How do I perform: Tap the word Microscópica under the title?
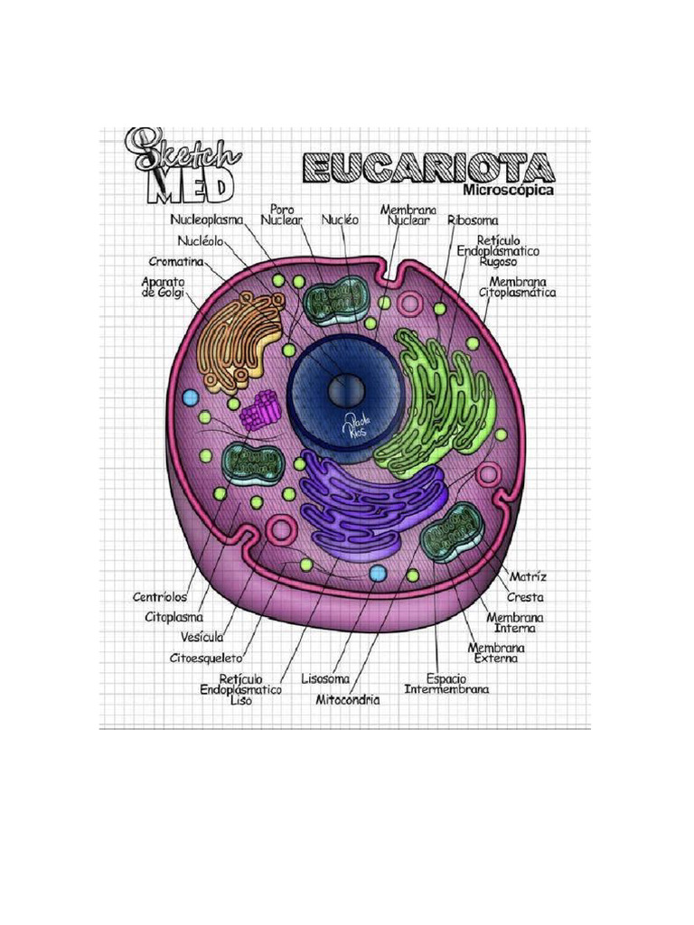click(507, 191)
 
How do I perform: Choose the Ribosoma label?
click(473, 219)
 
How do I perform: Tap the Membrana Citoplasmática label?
click(518, 287)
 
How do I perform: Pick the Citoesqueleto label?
click(211, 658)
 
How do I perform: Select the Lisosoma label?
click(325, 677)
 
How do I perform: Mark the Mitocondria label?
click(347, 699)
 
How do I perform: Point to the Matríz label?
click(528, 576)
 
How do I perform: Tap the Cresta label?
click(525, 597)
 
